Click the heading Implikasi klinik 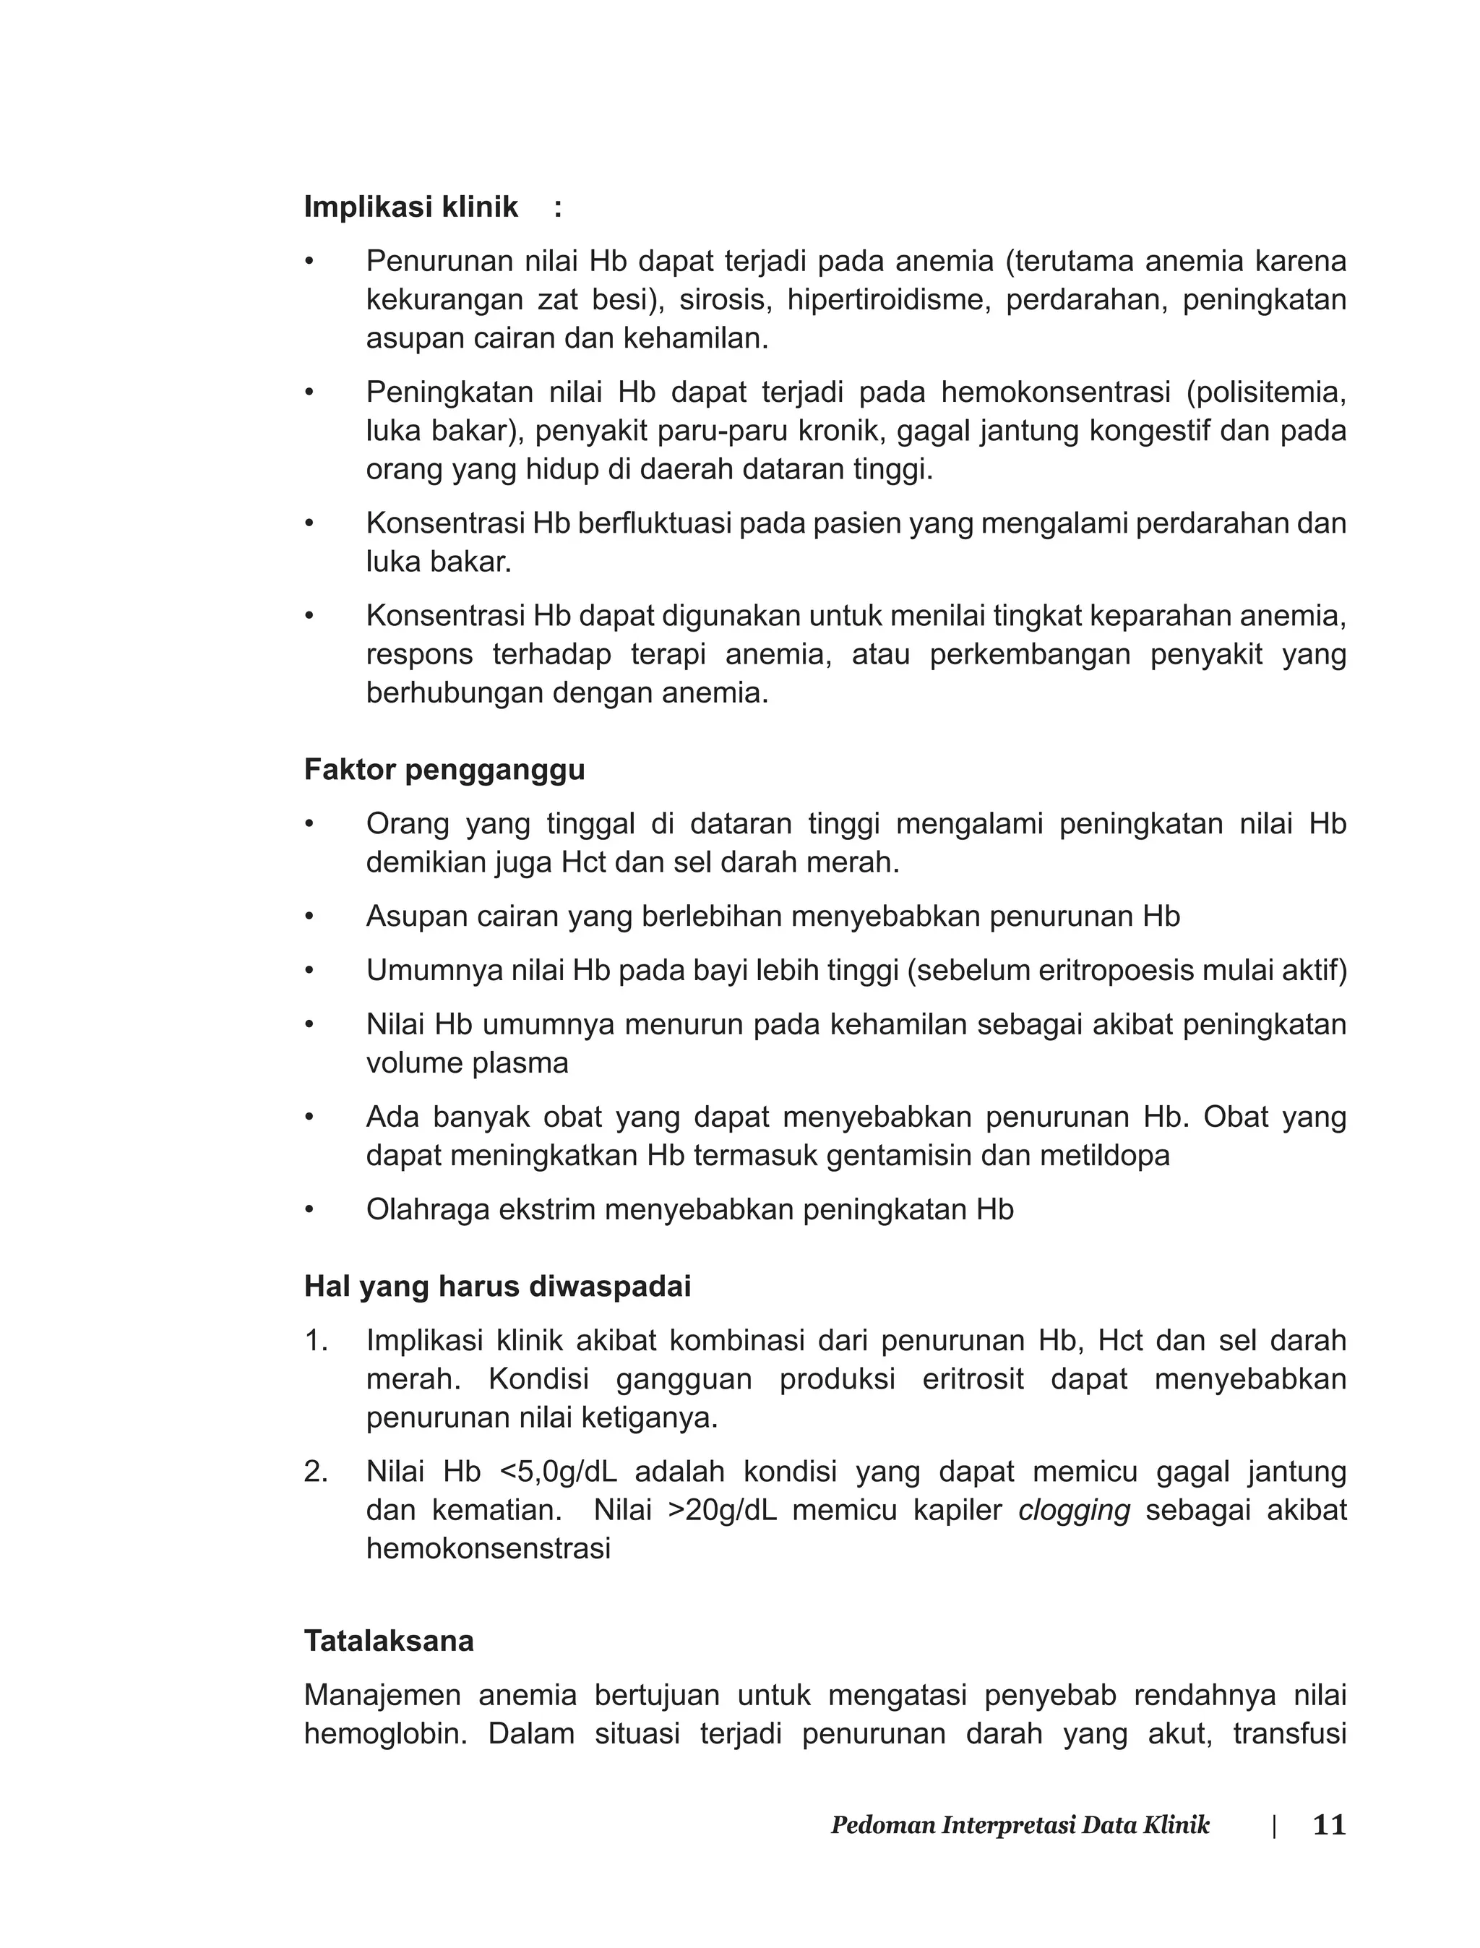click(410, 207)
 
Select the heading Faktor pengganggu click(444, 770)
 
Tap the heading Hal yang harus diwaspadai click(497, 1287)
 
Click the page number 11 click(1328, 1826)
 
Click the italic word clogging click(1073, 1510)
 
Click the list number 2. click(314, 1472)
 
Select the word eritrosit click(973, 1379)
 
